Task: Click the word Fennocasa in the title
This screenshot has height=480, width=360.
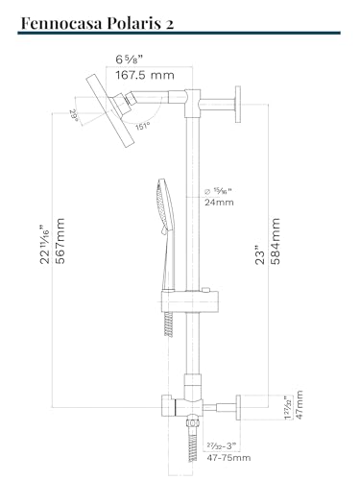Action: [x=61, y=23]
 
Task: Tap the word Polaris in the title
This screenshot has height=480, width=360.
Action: [x=134, y=23]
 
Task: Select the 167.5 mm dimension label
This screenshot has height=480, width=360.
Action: [x=145, y=75]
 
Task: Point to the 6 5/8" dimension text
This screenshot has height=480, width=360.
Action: [x=129, y=60]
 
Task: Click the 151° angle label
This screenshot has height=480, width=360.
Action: [x=142, y=126]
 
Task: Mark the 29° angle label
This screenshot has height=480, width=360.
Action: [x=74, y=115]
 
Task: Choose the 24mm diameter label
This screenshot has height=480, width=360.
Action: [x=219, y=203]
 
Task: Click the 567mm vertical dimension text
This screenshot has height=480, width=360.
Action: [x=60, y=241]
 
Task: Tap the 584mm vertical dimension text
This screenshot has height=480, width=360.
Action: [x=275, y=241]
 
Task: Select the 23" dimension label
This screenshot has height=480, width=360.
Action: [x=260, y=255]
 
